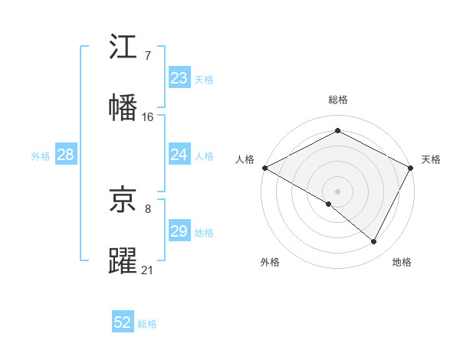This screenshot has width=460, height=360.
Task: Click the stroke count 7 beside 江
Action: tap(147, 55)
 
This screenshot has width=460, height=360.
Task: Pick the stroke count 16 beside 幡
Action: tap(148, 116)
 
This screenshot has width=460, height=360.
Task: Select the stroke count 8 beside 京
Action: tap(147, 208)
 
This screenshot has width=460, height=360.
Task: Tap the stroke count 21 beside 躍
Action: tap(148, 270)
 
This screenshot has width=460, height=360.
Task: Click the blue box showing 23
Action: tap(179, 78)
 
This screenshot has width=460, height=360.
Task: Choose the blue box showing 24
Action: tap(179, 155)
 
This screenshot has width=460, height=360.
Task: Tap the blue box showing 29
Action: tap(179, 231)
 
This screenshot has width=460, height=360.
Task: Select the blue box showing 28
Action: tap(65, 155)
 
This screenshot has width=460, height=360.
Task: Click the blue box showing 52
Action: tap(123, 322)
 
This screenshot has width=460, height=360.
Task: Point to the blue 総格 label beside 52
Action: tap(147, 324)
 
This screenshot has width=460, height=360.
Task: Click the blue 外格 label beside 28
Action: tap(41, 156)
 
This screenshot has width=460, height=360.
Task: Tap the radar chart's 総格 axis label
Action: tap(338, 100)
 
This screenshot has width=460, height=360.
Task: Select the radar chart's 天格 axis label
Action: tap(431, 159)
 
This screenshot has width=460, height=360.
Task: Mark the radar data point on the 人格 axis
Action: tap(264, 168)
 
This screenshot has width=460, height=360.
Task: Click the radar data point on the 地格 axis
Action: tap(374, 242)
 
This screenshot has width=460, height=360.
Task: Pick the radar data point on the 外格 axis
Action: tap(329, 204)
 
